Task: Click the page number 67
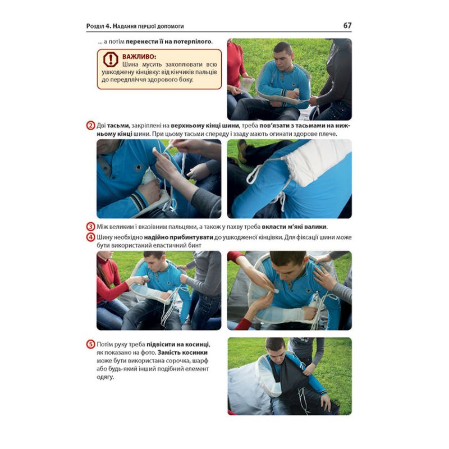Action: click(x=347, y=25)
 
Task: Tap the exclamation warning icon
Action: click(x=111, y=59)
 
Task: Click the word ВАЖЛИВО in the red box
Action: click(x=139, y=57)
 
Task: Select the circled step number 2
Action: click(x=90, y=126)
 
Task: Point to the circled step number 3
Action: click(x=90, y=227)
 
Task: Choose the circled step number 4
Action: click(x=90, y=237)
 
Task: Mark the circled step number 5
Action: click(x=90, y=344)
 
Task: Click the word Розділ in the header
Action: click(x=95, y=26)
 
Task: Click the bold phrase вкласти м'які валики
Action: click(x=294, y=227)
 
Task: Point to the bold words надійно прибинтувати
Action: click(x=178, y=237)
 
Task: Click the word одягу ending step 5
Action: click(x=105, y=377)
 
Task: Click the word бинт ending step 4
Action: click(x=194, y=245)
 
